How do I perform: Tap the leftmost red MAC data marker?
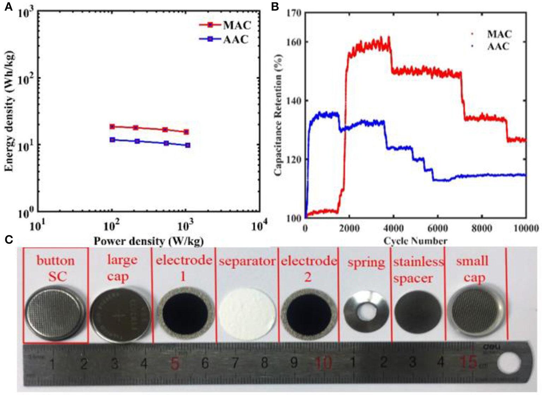[112, 127]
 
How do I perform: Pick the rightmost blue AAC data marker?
[187, 145]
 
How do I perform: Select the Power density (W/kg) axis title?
[149, 241]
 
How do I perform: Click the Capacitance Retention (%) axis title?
[279, 115]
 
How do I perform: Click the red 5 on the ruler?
[175, 363]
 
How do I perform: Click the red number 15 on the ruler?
[468, 362]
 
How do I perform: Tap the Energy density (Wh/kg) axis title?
[10, 111]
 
